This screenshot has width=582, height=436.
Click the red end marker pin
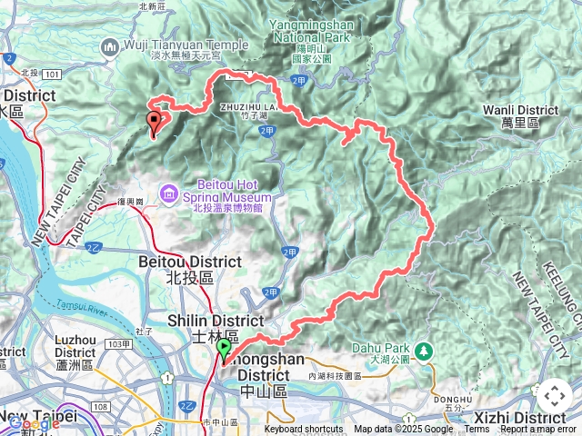[154, 122]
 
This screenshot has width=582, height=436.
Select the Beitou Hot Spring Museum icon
[168, 193]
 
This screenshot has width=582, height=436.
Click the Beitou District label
[189, 262]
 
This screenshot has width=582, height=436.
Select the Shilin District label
[216, 321]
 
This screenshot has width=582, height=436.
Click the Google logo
[35, 422]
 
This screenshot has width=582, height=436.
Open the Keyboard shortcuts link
[304, 430]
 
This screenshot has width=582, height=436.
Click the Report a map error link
[539, 430]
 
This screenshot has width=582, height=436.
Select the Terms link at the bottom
[476, 430]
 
